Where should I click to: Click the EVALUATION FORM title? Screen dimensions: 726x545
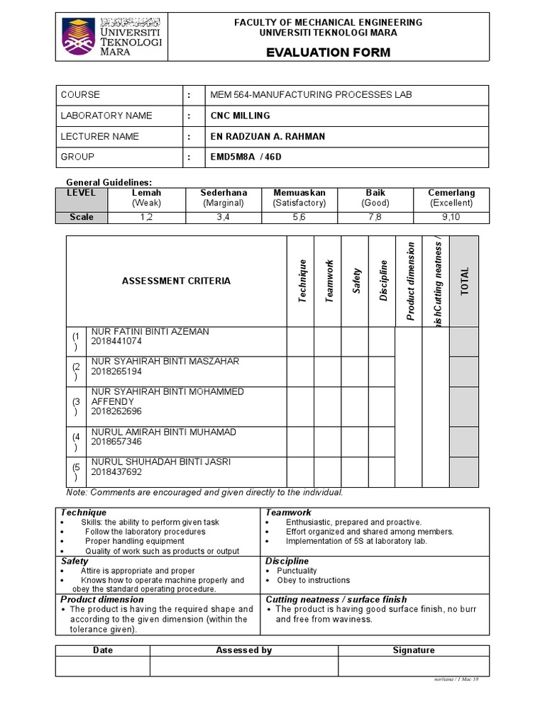[x=328, y=52]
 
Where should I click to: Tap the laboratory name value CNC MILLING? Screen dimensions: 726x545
[x=240, y=116]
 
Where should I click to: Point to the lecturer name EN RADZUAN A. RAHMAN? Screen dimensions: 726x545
[x=267, y=136]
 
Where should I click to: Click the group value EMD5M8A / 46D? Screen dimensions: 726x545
[x=246, y=157]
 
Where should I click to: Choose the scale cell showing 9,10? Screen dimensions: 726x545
[x=451, y=217]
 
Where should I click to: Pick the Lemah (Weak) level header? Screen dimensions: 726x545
[x=147, y=198]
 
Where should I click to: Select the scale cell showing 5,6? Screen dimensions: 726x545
[x=299, y=217]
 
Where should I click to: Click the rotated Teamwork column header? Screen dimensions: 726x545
[x=329, y=281]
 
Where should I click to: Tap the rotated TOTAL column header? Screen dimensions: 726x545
[x=465, y=281]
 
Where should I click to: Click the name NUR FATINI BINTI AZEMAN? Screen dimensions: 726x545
[x=150, y=332]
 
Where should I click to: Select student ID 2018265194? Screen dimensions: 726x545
[x=116, y=372]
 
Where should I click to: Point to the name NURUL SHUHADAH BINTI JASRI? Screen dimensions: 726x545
[x=160, y=462]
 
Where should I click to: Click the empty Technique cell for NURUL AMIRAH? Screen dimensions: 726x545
[x=300, y=442]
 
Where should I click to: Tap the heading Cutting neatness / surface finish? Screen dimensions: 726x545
[x=336, y=599]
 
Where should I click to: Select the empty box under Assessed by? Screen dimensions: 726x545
[x=243, y=666]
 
